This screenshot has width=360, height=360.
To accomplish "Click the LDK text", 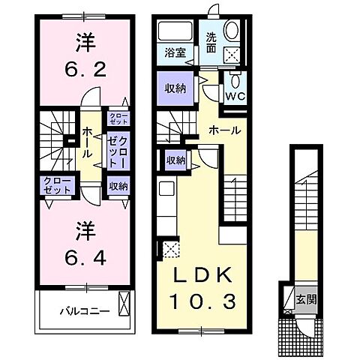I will [x=200, y=274].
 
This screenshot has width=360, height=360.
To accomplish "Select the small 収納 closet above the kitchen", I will [x=176, y=160].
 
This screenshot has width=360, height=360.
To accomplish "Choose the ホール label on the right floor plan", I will [x=224, y=130].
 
